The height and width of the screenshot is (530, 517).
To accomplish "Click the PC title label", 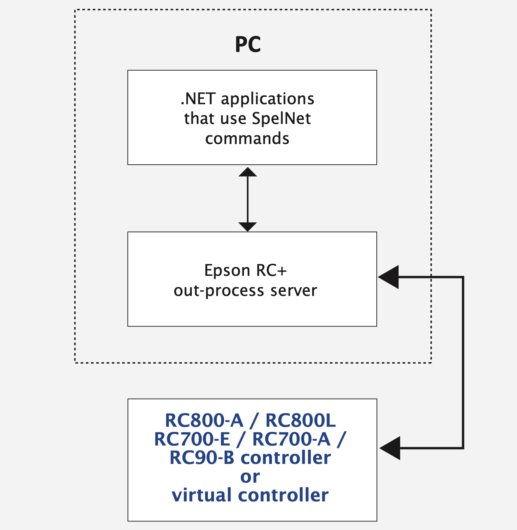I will click(x=248, y=45).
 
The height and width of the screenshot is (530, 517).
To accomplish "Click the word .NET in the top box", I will click(x=198, y=99).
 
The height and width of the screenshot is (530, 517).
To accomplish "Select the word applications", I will click(x=267, y=99).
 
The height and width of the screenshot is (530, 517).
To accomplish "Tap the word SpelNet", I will click(x=281, y=119).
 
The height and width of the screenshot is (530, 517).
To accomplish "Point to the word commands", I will click(x=247, y=138).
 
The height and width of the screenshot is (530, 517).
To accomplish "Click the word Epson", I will click(x=227, y=271).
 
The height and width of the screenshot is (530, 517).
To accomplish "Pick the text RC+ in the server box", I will click(x=271, y=271).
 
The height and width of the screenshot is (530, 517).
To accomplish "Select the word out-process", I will click(x=219, y=291).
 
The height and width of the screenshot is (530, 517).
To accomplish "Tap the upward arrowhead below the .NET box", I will click(x=248, y=172).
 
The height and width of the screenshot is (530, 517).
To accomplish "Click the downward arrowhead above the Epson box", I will click(x=248, y=227).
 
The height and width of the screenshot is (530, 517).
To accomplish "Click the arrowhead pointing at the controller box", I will click(x=391, y=448).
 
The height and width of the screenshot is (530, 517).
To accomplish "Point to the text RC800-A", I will click(x=204, y=421).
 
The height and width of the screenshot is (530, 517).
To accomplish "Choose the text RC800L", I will click(x=300, y=421).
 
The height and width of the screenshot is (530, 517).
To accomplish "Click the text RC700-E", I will click(x=192, y=439).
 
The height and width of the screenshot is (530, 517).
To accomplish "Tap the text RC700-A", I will click(x=291, y=439).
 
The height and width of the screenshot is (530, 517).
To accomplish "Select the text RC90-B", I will click(x=202, y=458).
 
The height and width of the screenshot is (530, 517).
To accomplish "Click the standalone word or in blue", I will click(x=250, y=477).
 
